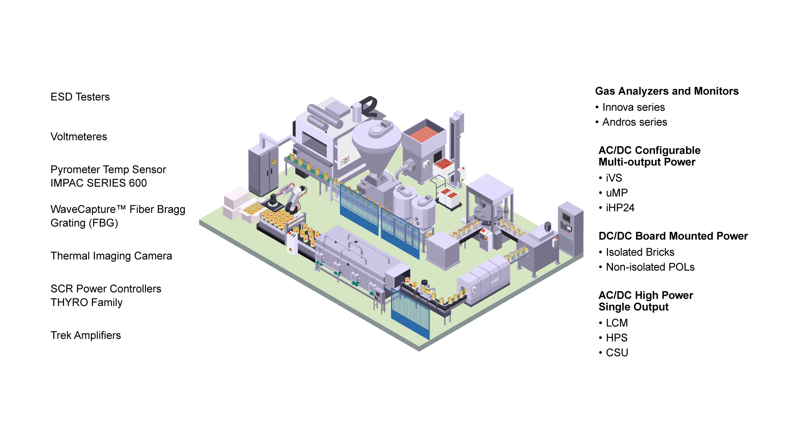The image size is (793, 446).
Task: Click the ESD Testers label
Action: point(80,97)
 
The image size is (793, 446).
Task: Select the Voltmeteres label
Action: point(78,137)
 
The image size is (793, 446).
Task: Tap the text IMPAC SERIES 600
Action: point(98,183)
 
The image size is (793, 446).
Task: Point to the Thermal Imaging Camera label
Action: point(111,256)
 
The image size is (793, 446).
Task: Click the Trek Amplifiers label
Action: point(85,335)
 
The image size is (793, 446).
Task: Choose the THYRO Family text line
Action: point(86,302)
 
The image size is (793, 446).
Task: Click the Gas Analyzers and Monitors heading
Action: point(667,91)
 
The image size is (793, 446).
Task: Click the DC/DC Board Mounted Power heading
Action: point(673,236)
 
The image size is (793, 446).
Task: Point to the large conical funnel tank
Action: point(376,145)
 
